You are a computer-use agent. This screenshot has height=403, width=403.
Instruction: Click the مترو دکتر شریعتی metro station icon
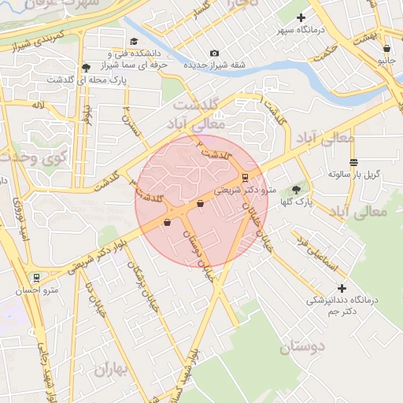245,177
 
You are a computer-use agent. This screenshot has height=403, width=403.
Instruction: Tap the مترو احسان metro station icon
35,279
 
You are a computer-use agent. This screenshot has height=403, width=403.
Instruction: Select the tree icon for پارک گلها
296,190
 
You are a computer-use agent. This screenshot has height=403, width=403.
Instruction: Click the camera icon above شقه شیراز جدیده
214,53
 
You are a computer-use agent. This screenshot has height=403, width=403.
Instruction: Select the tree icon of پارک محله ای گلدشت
85,67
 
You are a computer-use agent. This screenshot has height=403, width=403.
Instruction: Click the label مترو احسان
35,291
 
